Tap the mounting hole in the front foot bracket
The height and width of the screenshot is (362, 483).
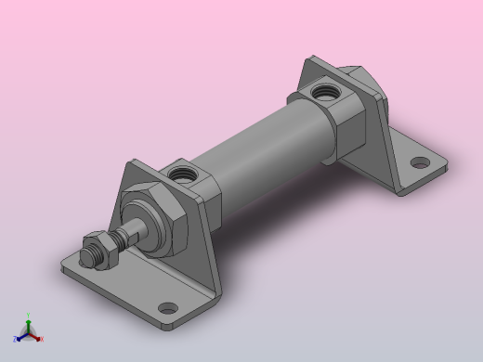point(168,308)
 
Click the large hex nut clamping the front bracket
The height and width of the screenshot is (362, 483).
point(158,221)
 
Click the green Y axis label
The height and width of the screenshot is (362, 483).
point(29,316)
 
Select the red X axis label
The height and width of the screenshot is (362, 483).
point(42,339)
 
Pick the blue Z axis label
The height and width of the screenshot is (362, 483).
point(17,339)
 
